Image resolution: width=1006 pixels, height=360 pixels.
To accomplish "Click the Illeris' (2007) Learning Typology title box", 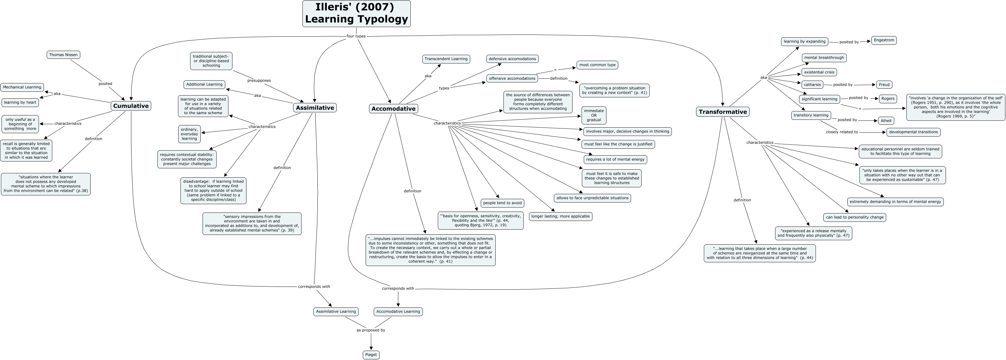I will coord(356,14).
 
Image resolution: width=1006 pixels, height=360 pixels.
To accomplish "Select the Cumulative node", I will coord(131,106).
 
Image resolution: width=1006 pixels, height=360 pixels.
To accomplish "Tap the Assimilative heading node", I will coord(315,108).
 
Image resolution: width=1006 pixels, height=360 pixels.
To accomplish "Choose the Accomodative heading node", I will coord(393,109).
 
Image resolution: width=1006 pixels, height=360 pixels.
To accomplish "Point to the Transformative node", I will coord(723,112).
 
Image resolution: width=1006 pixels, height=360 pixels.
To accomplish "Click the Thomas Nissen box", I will coord(63,55).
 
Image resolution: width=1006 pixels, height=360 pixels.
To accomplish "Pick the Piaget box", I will coord(371,354).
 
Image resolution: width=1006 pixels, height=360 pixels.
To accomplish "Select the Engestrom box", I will coord(883,40).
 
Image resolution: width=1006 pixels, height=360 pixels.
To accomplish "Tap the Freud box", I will coord(884,84).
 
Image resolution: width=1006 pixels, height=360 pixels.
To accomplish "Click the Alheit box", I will coord(886,121).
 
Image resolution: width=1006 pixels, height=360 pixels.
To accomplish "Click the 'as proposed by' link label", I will coord(371,330).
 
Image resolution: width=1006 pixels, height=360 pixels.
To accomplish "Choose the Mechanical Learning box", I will coord(22,87).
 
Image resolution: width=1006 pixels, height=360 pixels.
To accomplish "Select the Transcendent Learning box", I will coord(446,59).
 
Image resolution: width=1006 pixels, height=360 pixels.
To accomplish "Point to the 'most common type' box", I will coord(597,65).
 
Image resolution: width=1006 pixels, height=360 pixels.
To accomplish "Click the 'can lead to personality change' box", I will coord(854,217).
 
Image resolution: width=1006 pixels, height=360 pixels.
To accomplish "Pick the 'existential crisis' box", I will coord(819,72).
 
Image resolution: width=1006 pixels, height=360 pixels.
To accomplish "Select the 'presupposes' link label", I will coord(259,81).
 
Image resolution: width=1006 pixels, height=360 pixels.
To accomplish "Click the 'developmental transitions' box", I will coord(913,132).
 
